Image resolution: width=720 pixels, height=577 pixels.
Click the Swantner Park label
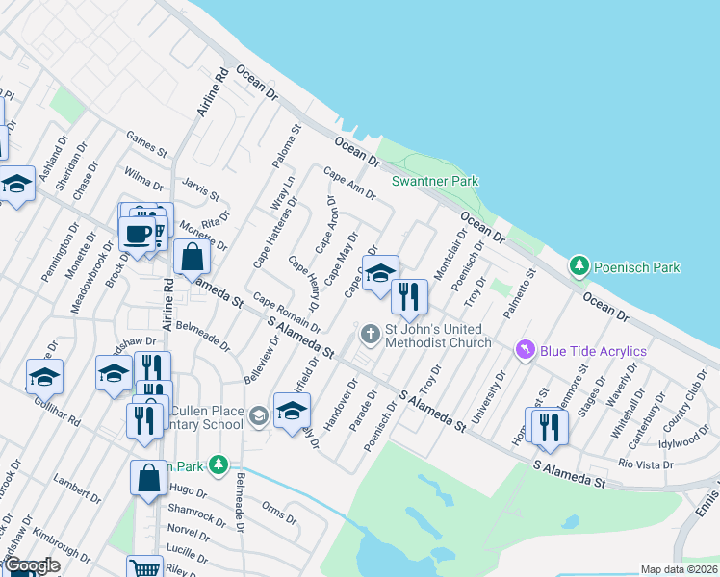pyautogui.click(x=434, y=181)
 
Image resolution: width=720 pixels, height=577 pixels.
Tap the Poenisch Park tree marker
pyautogui.click(x=579, y=264)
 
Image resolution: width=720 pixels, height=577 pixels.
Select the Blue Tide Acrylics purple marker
pyautogui.click(x=525, y=349)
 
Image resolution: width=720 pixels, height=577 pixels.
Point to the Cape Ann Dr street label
pyautogui.click(x=348, y=185)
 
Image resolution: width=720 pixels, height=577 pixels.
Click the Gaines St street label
pyautogui.click(x=146, y=145)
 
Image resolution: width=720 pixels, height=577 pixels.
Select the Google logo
pyautogui.click(x=32, y=565)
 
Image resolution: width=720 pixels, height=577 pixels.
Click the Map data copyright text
pyautogui.click(x=678, y=569)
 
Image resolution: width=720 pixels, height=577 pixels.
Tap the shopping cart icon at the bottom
pyautogui.click(x=144, y=569)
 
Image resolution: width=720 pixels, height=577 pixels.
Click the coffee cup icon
pyautogui.click(x=137, y=232)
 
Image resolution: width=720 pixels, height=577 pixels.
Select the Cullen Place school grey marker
pyautogui.click(x=258, y=416)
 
